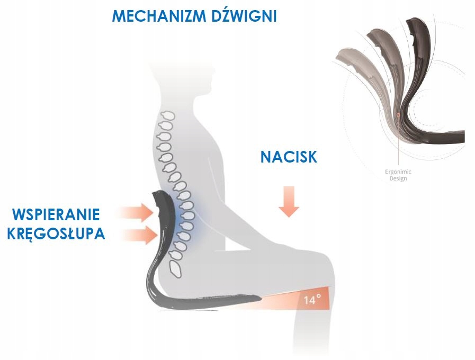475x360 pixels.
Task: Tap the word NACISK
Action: point(289,156)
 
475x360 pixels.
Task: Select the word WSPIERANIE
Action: point(56,215)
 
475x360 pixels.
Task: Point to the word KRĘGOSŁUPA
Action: point(56,233)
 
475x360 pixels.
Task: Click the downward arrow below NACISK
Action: point(289,201)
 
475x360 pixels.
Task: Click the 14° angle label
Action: point(312,300)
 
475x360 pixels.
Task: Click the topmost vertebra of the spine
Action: point(169,115)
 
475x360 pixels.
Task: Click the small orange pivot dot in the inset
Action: point(398,114)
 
